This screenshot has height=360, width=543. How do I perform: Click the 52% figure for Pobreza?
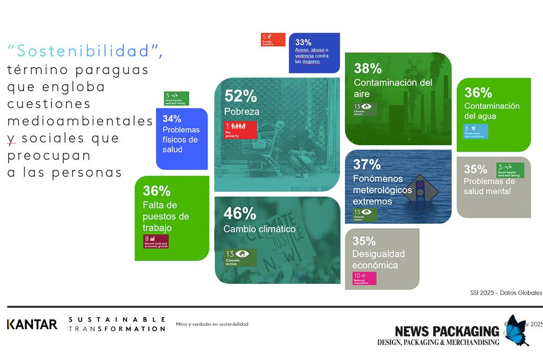click(x=240, y=96)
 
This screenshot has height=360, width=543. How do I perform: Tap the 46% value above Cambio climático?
click(x=239, y=214)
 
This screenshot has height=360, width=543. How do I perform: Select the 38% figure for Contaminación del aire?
click(x=368, y=68)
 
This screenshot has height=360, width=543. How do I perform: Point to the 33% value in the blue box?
click(x=303, y=42)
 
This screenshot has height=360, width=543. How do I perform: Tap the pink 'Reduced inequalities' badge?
click(x=364, y=278)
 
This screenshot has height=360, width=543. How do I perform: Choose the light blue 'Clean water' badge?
click(x=476, y=131)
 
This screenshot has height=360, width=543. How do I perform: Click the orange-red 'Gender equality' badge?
click(x=273, y=40)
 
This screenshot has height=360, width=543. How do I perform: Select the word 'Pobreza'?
click(x=241, y=111)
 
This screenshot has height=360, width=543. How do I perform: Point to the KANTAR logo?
click(x=32, y=324)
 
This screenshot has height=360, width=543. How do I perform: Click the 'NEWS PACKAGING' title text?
click(x=447, y=331)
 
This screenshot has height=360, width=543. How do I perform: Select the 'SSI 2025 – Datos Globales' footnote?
click(x=506, y=293)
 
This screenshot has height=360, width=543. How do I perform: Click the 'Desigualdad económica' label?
click(x=378, y=260)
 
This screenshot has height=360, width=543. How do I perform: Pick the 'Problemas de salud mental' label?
click(x=489, y=186)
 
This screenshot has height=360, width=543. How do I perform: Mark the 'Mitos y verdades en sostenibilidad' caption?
click(x=212, y=324)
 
